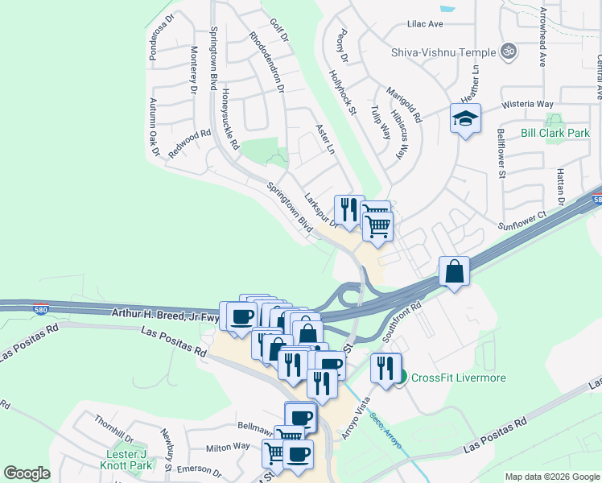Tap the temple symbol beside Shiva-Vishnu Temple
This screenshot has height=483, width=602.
tap(507, 52)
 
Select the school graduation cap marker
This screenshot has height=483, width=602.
tap(465, 119)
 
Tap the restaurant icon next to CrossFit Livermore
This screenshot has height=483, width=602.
tap(386, 368)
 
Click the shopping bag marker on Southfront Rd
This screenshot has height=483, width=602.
tap(454, 272)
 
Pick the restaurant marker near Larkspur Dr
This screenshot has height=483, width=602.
tap(348, 210)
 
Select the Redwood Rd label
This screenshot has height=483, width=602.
tap(189, 144)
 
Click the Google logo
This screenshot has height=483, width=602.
tap(27, 473)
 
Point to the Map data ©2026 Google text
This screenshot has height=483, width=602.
tap(551, 477)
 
